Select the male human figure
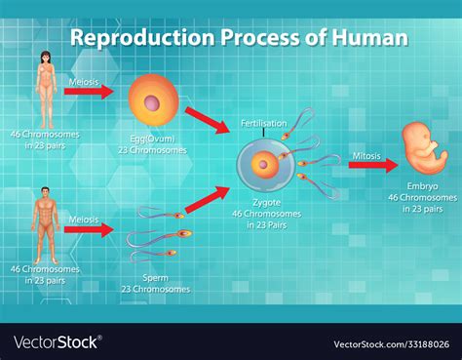point(45,225)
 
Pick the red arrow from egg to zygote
point(208,120)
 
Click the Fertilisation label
point(264,124)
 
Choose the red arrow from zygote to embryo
point(373,165)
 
